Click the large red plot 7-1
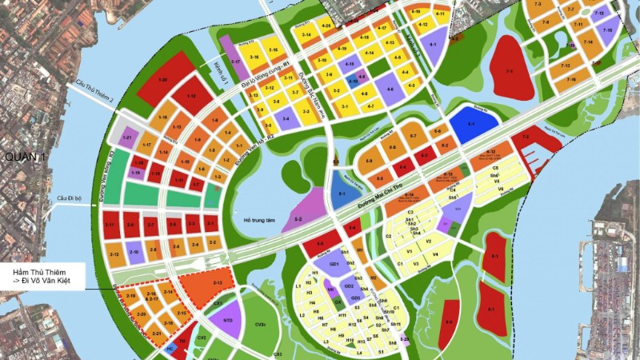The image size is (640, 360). pyautogui.click(x=510, y=70)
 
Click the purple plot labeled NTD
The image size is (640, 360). pyautogui.click(x=226, y=319)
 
